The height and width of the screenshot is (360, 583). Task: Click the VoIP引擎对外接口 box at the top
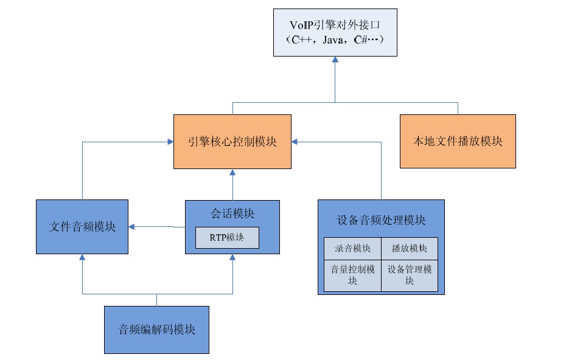click(335, 33)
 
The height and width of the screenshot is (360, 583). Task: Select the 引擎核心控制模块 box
click(232, 141)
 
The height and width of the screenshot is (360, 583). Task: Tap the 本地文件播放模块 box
click(458, 141)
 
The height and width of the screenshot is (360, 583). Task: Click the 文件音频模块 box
click(82, 227)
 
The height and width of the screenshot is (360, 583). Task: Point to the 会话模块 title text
click(232, 213)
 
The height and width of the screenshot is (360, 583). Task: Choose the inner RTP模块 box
click(227, 238)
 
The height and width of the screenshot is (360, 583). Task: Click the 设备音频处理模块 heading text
click(381, 220)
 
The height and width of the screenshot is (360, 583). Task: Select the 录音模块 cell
click(352, 248)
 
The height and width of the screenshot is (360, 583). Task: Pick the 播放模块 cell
click(409, 248)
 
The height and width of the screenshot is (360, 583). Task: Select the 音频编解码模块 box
click(156, 330)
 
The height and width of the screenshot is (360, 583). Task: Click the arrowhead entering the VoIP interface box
click(335, 60)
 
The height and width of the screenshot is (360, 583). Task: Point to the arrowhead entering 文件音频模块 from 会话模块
click(132, 227)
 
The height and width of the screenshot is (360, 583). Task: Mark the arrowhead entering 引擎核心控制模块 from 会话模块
click(232, 172)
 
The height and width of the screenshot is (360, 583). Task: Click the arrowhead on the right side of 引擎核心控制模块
click(295, 141)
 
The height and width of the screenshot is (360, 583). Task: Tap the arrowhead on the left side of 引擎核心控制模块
click(170, 141)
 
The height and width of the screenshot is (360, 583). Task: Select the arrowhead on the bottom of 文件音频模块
click(82, 257)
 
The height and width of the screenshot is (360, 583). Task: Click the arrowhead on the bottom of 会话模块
click(232, 257)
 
